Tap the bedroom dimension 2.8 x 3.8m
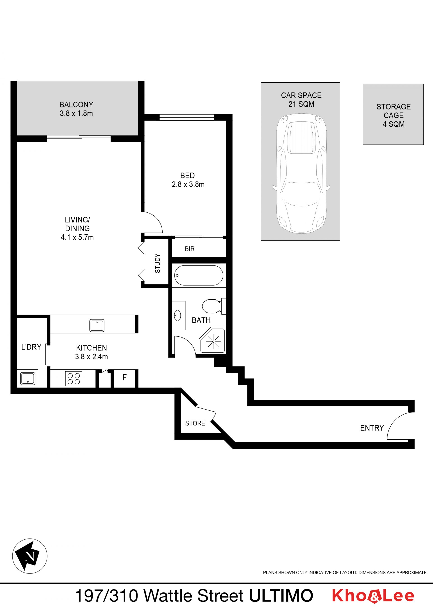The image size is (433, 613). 188,184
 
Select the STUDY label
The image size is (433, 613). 158,263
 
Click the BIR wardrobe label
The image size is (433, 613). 190,249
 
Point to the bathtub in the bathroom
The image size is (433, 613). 199,275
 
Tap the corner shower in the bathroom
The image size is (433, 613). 212,341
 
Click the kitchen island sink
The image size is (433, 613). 97,325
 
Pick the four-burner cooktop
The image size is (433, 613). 74,379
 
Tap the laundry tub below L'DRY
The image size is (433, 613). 28,379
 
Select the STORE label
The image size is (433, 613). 195,423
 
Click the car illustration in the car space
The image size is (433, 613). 301,173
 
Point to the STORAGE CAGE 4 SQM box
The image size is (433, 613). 393,114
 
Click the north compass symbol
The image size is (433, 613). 30,556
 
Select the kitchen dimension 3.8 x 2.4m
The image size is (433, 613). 92,357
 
